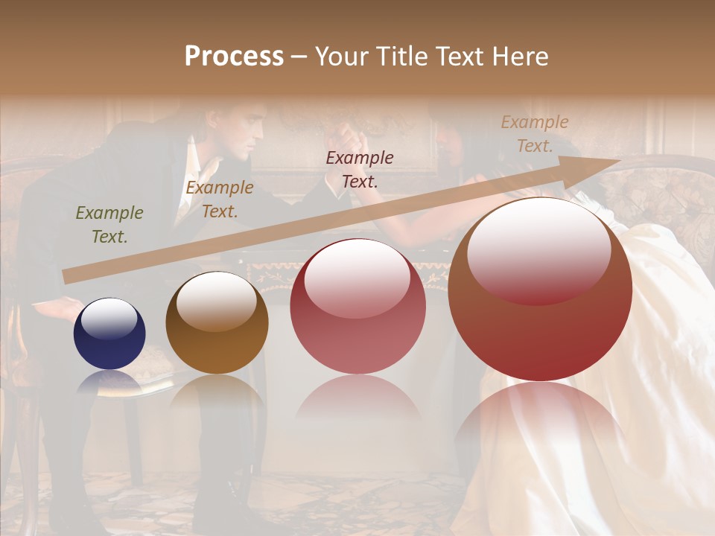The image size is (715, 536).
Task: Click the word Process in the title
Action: point(234,57)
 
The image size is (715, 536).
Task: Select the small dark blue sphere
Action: point(109,334)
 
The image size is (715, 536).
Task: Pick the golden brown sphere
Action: point(217,322)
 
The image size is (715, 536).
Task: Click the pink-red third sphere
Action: point(357,306)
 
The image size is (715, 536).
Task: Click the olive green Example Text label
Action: point(109,225)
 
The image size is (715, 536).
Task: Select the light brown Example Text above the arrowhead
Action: point(534,133)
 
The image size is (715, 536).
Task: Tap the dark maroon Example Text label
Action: point(360,169)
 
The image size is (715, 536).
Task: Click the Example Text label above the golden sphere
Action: point(220,200)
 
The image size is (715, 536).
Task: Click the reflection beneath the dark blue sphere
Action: point(110,383)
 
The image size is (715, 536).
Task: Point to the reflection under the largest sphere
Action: point(540,417)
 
